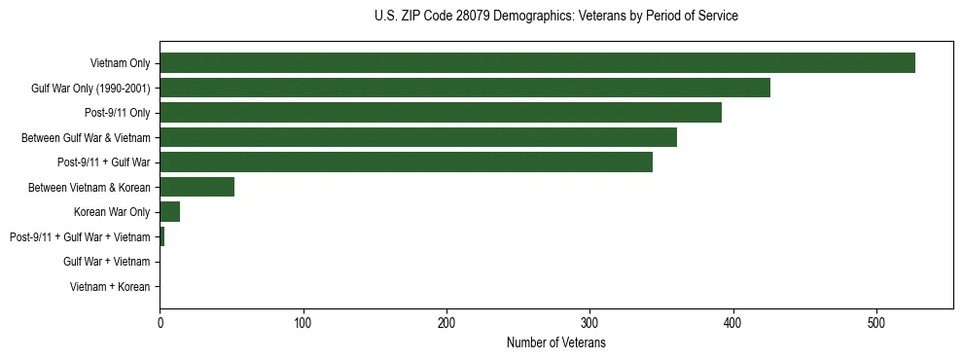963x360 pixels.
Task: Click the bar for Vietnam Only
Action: [x=537, y=63]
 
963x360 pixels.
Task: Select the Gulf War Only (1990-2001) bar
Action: [x=465, y=89]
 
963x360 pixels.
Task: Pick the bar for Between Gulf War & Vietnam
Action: [x=418, y=138]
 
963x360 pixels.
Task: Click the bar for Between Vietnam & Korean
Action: [x=196, y=188]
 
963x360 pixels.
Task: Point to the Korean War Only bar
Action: [x=170, y=212]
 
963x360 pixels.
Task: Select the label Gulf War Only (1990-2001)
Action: [x=90, y=89]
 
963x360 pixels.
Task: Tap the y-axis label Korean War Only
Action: [x=112, y=212]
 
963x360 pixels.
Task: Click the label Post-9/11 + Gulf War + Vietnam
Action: [x=80, y=237]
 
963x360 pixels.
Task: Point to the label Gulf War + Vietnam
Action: [x=107, y=262]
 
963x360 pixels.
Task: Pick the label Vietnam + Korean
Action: [x=110, y=287]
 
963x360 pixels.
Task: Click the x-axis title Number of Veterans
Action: [x=556, y=342]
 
